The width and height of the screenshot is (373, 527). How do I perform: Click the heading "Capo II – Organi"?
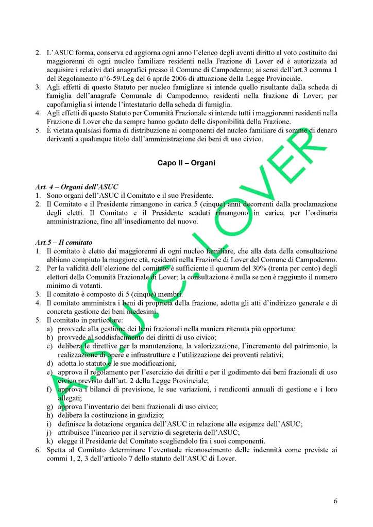click(186, 163)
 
